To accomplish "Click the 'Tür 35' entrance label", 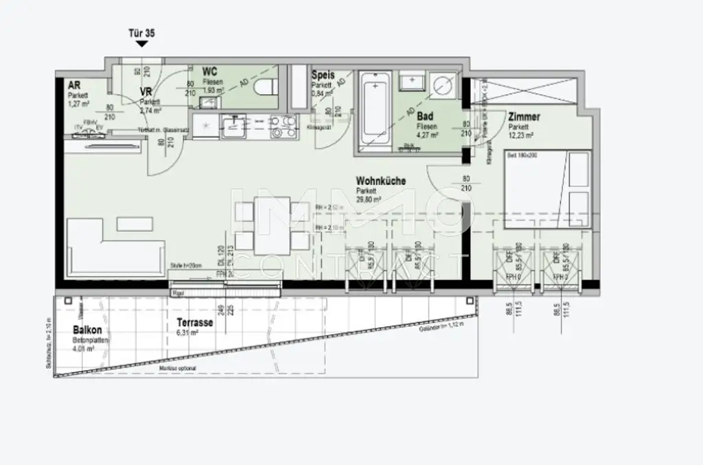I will click(141, 32).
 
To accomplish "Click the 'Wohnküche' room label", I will click(380, 181).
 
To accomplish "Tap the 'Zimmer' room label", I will click(524, 117).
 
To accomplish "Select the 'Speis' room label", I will click(323, 75).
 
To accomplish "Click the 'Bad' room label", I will click(425, 117).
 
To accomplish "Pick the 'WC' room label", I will click(210, 71).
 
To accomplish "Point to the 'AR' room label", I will click(74, 85).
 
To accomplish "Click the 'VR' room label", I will click(145, 91).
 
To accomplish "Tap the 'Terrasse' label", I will click(194, 322).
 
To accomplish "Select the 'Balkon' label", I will click(87, 330).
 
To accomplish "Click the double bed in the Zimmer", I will click(547, 191).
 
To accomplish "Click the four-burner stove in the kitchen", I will click(284, 126).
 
